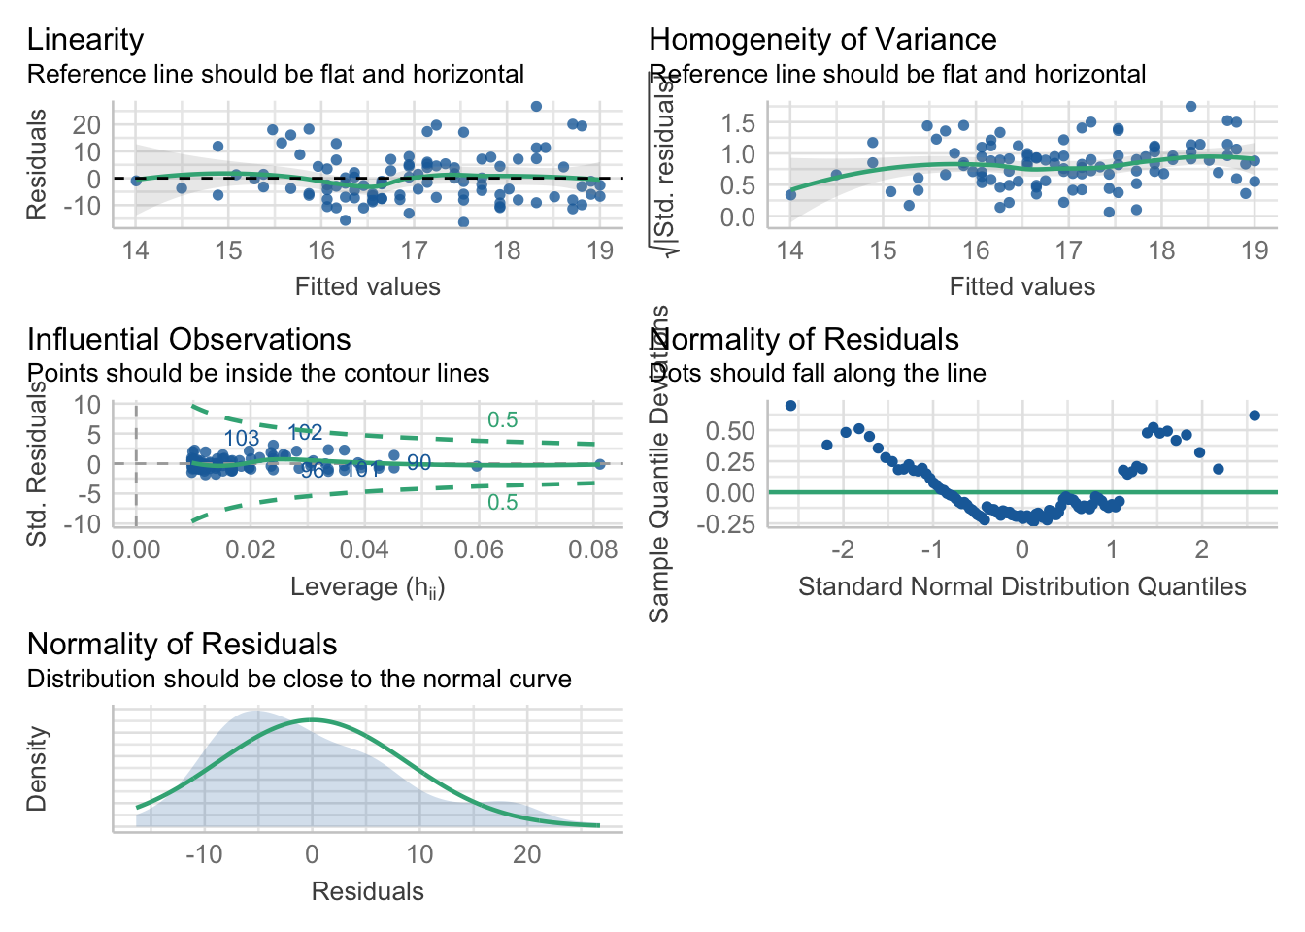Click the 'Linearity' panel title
(x=85, y=40)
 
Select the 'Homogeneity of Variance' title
(x=822, y=40)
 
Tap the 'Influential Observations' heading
(x=188, y=340)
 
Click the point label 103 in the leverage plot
(x=242, y=439)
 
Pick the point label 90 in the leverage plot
(x=418, y=463)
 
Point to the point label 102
(x=305, y=433)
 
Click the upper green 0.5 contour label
(x=502, y=420)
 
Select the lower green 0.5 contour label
(x=502, y=503)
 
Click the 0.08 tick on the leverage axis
(x=592, y=550)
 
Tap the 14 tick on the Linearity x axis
(x=135, y=251)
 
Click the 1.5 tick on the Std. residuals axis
(x=738, y=123)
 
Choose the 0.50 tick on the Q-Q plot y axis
(x=730, y=431)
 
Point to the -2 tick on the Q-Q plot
(x=842, y=550)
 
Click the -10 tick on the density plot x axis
(x=203, y=855)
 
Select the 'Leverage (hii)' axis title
(x=367, y=587)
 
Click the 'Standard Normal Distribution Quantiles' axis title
(x=1021, y=587)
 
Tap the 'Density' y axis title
(x=37, y=769)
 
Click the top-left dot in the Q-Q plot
(x=790, y=406)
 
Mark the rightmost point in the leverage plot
(x=599, y=464)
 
